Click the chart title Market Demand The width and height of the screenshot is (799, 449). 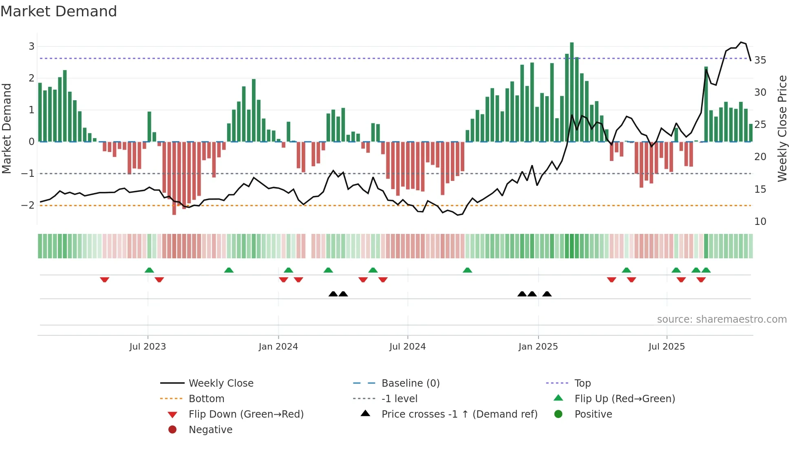click(59, 11)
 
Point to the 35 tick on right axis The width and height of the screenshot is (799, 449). click(760, 60)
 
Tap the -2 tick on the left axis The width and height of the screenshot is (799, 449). click(28, 205)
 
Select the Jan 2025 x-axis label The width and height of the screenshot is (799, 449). click(538, 347)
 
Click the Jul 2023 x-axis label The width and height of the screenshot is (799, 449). click(148, 347)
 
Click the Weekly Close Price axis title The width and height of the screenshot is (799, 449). click(782, 128)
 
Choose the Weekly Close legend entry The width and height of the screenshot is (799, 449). click(221, 383)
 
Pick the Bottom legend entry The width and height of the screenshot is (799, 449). click(206, 398)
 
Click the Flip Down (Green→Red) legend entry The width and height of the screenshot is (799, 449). click(246, 414)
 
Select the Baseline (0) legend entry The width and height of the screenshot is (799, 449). click(410, 383)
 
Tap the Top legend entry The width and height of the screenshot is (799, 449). click(583, 383)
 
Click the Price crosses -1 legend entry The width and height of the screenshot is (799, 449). click(459, 414)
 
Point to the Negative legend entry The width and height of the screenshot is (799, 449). click(210, 429)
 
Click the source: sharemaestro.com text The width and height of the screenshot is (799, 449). click(722, 319)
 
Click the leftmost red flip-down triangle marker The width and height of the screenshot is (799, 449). click(104, 280)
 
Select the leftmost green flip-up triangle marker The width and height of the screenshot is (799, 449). click(149, 270)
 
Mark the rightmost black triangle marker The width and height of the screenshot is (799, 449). click(547, 294)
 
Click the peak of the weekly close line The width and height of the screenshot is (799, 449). click(741, 42)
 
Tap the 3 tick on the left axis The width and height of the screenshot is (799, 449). click(31, 46)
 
